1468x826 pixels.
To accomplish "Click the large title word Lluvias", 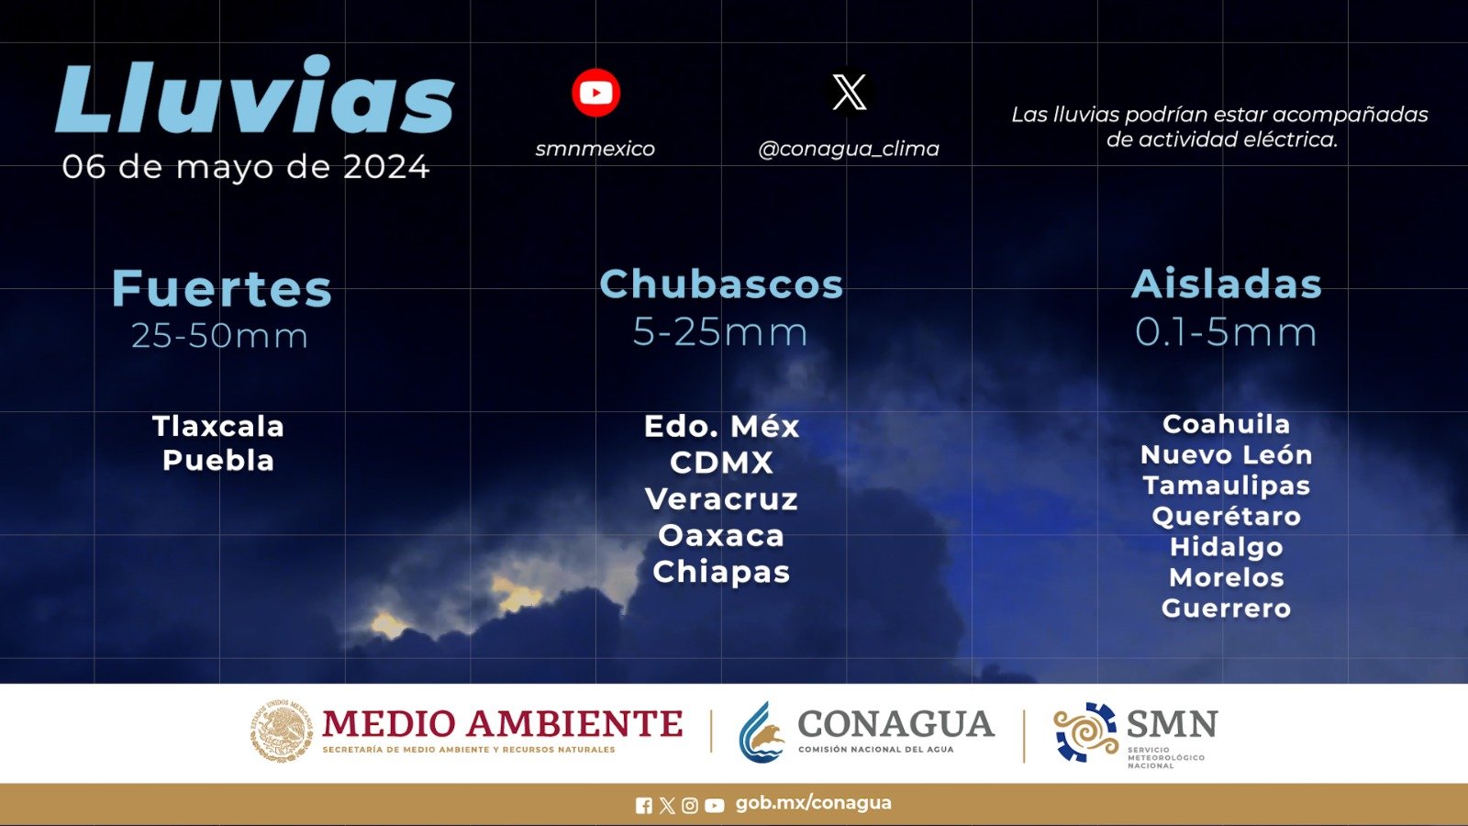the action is pyautogui.click(x=255, y=95).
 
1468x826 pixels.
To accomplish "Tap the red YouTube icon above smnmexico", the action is pyautogui.click(x=595, y=93).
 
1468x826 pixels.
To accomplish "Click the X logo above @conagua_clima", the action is pyautogui.click(x=849, y=92).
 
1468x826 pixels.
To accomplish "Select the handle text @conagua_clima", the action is pyautogui.click(x=849, y=149).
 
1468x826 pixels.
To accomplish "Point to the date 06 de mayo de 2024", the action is pyautogui.click(x=246, y=167).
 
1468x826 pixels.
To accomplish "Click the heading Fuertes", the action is pyautogui.click(x=221, y=288).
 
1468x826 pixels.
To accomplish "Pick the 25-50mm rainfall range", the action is pyautogui.click(x=219, y=336).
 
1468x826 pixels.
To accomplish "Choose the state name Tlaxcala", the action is pyautogui.click(x=218, y=426).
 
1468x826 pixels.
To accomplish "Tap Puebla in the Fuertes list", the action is pyautogui.click(x=218, y=460).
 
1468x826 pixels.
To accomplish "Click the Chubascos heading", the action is pyautogui.click(x=721, y=284).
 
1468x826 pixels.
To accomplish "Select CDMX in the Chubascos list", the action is pyautogui.click(x=721, y=463).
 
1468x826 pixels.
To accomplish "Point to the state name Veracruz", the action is pyautogui.click(x=721, y=499).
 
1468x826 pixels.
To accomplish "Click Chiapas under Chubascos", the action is pyautogui.click(x=721, y=573).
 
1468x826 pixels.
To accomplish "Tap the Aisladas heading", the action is pyautogui.click(x=1226, y=284).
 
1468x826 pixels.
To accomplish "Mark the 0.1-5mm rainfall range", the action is pyautogui.click(x=1226, y=331).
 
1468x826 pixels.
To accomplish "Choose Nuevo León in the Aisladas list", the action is pyautogui.click(x=1226, y=455).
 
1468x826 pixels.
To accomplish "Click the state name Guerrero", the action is pyautogui.click(x=1226, y=608).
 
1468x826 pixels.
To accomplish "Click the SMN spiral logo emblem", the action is pyautogui.click(x=1085, y=731).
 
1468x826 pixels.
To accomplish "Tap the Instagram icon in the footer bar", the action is pyautogui.click(x=689, y=805).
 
